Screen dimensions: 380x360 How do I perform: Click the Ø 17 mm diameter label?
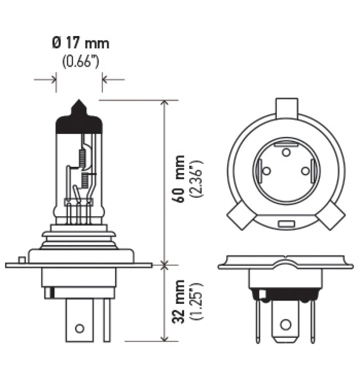(x=80, y=44)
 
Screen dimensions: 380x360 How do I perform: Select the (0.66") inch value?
(x=80, y=62)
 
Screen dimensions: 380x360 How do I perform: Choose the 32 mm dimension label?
(x=177, y=302)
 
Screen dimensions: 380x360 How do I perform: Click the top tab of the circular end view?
(x=286, y=107)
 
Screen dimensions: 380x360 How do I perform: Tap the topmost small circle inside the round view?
(x=286, y=152)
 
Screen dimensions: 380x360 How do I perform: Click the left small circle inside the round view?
(x=266, y=171)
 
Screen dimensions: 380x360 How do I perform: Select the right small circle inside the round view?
(x=305, y=171)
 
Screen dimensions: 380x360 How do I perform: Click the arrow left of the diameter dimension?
(x=45, y=79)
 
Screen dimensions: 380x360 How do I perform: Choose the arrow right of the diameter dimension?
(x=113, y=79)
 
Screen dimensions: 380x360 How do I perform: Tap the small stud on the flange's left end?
(x=21, y=259)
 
